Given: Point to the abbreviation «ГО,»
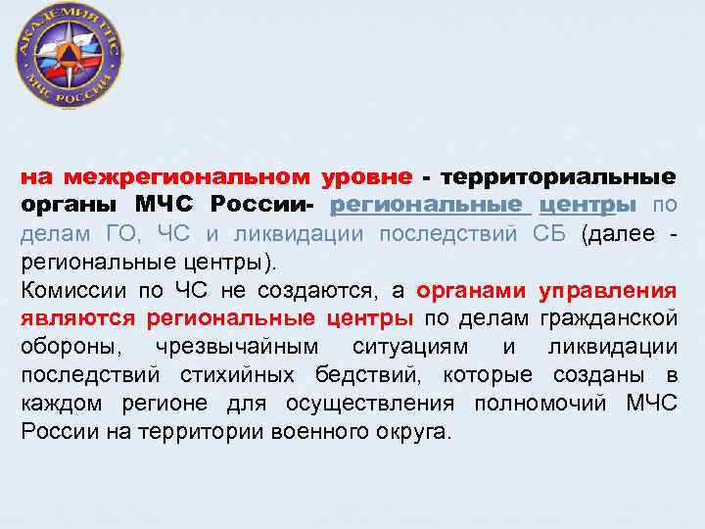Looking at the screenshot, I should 121,234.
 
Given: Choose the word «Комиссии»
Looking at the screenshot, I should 68,291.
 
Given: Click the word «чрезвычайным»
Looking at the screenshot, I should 224,347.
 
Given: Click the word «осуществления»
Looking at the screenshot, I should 383,404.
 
